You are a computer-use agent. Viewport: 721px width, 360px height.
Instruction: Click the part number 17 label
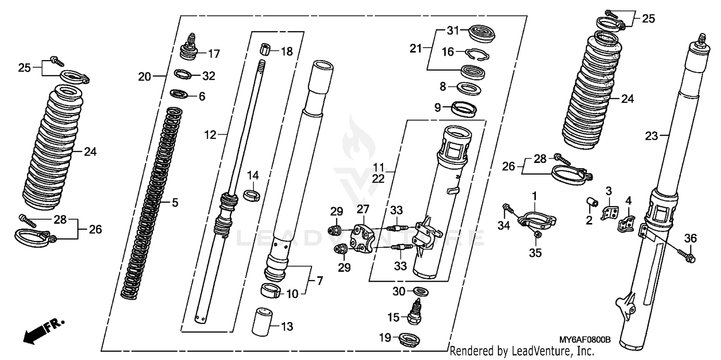[x=214, y=54]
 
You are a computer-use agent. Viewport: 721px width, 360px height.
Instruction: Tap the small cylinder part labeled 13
[x=262, y=322]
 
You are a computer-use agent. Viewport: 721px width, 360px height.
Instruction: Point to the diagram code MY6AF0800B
[x=584, y=339]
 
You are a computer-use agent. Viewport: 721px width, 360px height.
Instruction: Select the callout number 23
[x=651, y=136]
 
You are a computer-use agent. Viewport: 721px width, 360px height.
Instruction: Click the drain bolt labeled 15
[x=415, y=312]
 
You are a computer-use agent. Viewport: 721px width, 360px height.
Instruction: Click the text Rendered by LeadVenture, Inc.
[x=522, y=352]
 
